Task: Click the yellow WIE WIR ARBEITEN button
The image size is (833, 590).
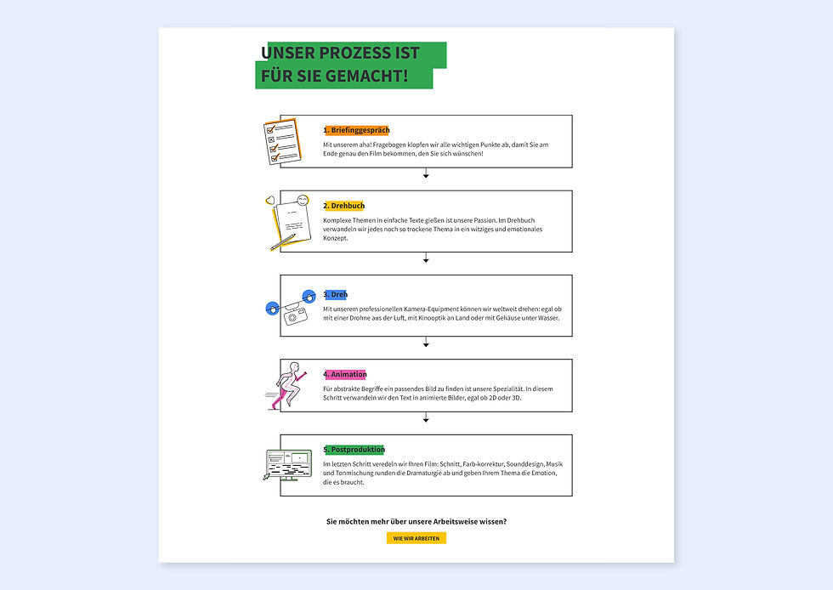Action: (x=416, y=538)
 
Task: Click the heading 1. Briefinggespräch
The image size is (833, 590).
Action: (x=356, y=130)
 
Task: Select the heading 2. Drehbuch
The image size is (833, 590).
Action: (x=343, y=206)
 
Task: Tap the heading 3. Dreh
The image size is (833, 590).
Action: (x=335, y=294)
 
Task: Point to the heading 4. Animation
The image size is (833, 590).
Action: (x=345, y=374)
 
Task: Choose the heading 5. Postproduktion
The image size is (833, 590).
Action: (x=354, y=450)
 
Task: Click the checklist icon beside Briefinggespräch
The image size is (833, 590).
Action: (x=282, y=141)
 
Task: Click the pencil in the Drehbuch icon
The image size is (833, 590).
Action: (x=282, y=241)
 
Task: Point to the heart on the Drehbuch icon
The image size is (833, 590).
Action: (x=270, y=201)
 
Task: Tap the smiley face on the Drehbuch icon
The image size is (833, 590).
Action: (x=303, y=201)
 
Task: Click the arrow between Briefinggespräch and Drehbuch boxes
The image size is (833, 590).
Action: (x=426, y=173)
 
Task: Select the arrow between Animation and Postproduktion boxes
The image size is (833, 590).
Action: (x=426, y=417)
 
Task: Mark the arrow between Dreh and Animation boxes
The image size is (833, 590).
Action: (x=426, y=342)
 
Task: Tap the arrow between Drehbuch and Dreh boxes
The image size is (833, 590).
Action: (x=426, y=258)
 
